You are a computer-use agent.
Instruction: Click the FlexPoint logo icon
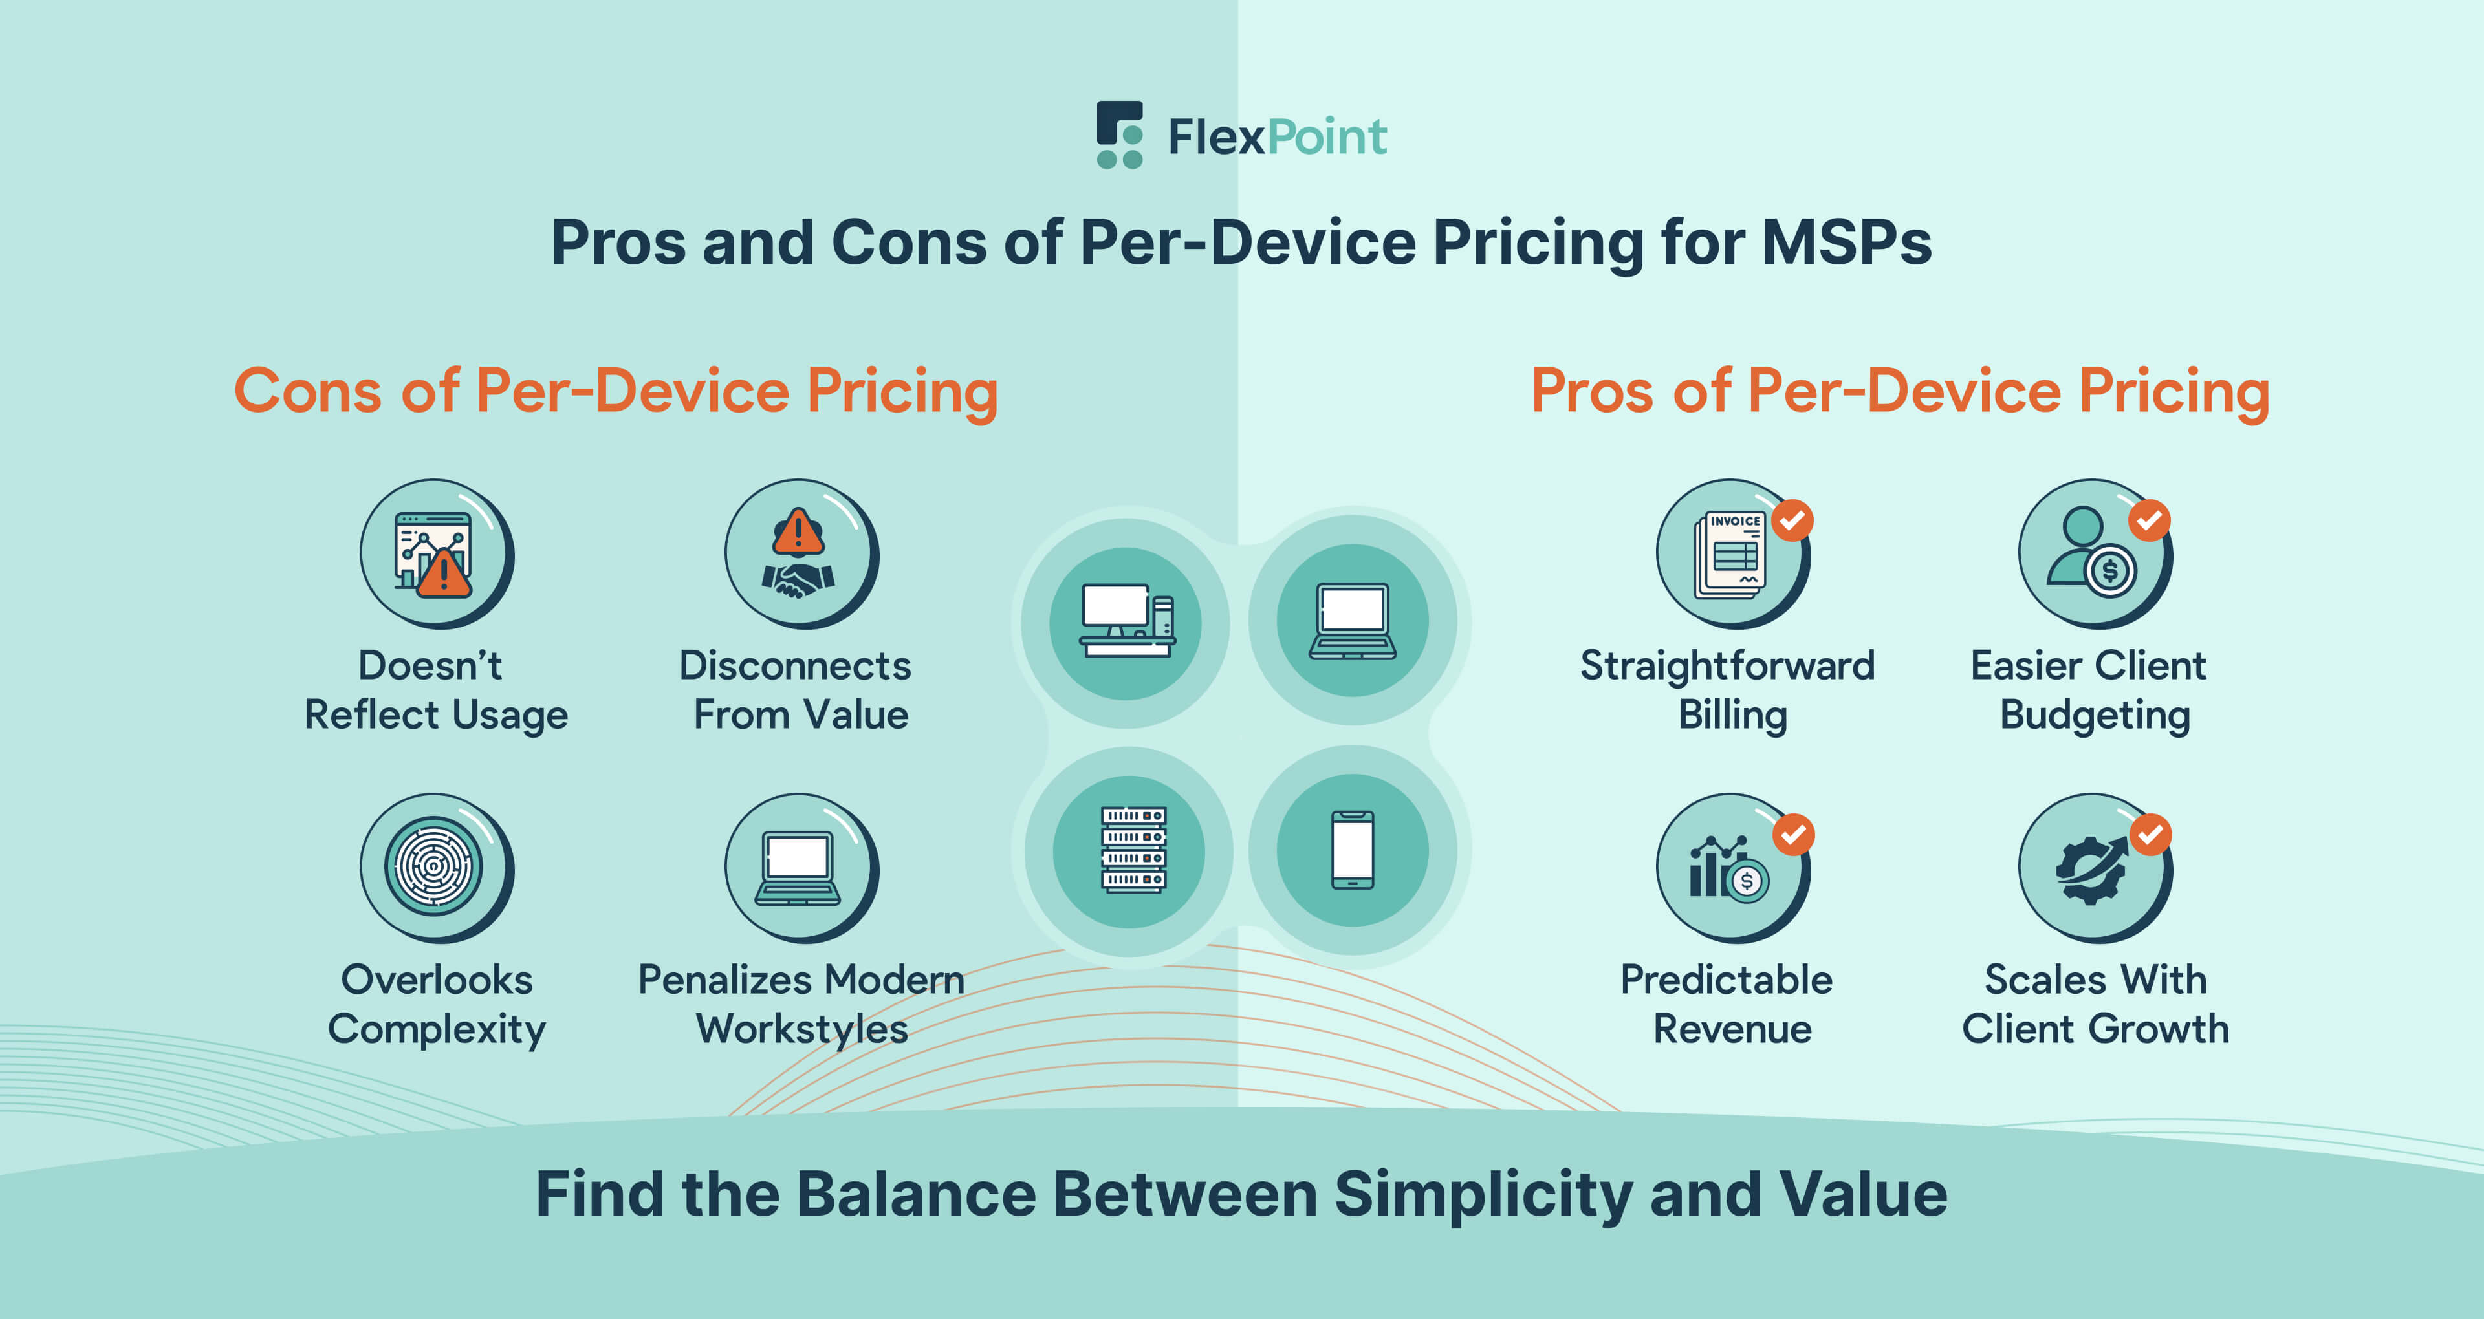coord(1120,135)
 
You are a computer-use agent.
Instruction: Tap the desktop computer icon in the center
coord(1126,622)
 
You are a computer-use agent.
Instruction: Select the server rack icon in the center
coord(1132,850)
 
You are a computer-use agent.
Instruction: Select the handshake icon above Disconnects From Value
coord(798,554)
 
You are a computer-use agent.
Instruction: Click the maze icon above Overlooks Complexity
coord(434,866)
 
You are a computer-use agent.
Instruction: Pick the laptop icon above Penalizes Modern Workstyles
coord(798,868)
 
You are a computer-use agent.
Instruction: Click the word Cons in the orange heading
coord(308,391)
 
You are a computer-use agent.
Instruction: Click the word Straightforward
coord(1727,665)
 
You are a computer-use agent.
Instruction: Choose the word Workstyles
coord(801,1029)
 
